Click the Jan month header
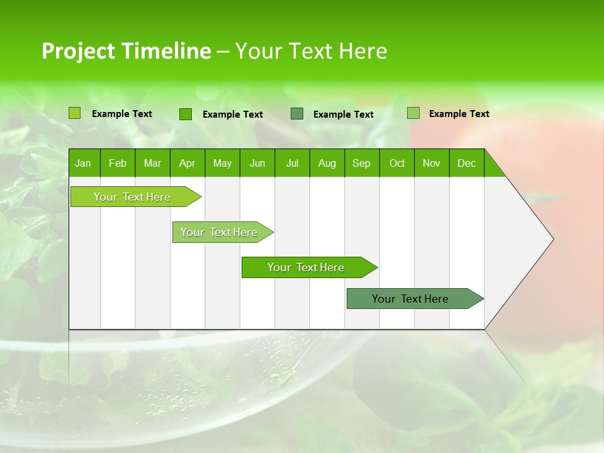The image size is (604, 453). tap(84, 163)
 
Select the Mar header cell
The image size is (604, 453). tap(152, 163)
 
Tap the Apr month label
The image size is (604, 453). tap(187, 163)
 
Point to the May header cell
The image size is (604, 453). tap(222, 163)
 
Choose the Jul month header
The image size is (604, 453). tap(292, 163)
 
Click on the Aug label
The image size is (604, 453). tap(327, 163)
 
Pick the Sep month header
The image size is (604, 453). tap(361, 163)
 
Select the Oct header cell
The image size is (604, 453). tap(396, 163)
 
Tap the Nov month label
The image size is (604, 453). tap(431, 163)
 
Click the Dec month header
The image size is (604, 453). tap(466, 163)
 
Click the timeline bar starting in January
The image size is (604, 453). tap(133, 197)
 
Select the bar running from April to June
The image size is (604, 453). tap(220, 232)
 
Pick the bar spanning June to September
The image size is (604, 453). tap(306, 267)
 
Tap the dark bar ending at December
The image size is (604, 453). tap(411, 299)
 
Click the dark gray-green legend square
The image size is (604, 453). tap(297, 114)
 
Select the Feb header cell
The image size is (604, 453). tap(118, 163)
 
